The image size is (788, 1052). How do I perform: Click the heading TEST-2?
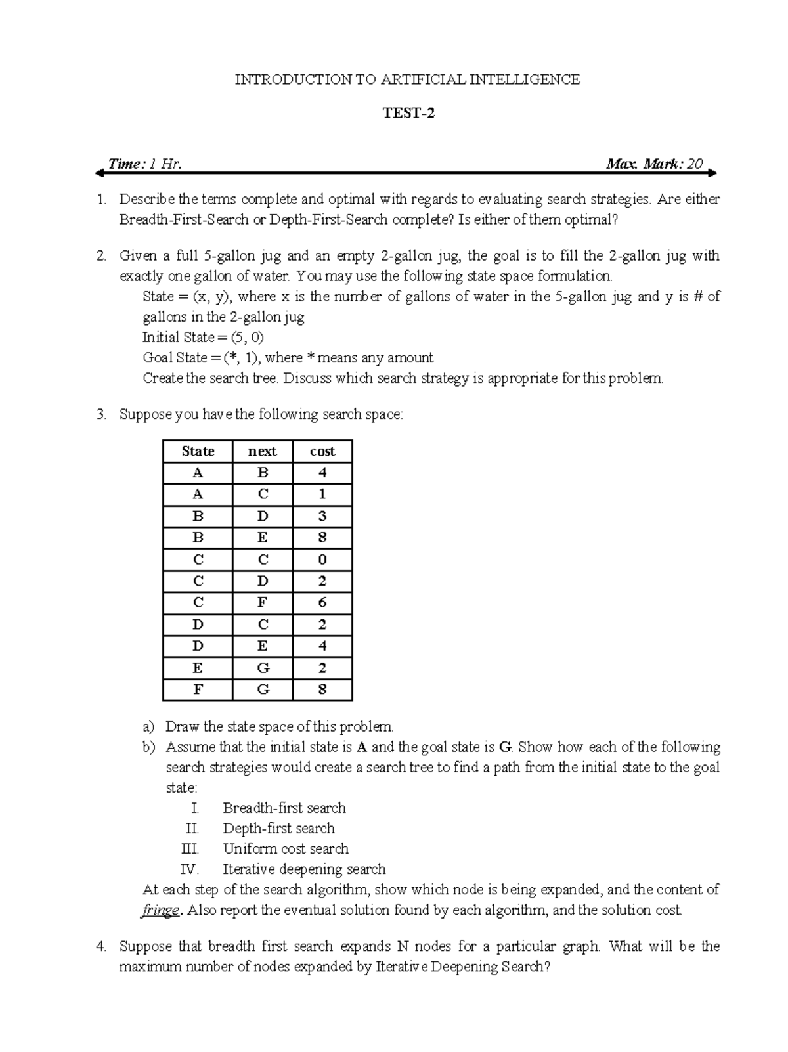pyautogui.click(x=408, y=114)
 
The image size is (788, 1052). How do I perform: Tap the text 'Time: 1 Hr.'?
pyautogui.click(x=144, y=164)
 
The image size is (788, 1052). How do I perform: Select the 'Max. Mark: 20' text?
pyautogui.click(x=654, y=164)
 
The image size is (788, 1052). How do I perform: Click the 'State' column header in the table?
pyautogui.click(x=198, y=452)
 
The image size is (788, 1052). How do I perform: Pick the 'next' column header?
pyautogui.click(x=262, y=452)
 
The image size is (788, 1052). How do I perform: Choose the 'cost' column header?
pyautogui.click(x=322, y=452)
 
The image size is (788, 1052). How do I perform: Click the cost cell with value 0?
pyautogui.click(x=322, y=560)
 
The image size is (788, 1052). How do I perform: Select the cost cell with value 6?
pyautogui.click(x=322, y=603)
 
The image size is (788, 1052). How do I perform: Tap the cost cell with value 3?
pyautogui.click(x=322, y=516)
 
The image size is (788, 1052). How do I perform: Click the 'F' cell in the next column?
pyautogui.click(x=262, y=603)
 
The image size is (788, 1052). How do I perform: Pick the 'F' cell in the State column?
pyautogui.click(x=198, y=690)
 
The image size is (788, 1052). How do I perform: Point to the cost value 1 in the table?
pyautogui.click(x=322, y=494)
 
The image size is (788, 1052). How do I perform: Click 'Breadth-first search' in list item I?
pyautogui.click(x=284, y=808)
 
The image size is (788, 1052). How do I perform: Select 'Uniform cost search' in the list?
pyautogui.click(x=285, y=849)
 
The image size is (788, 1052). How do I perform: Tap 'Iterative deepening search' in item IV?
pyautogui.click(x=303, y=869)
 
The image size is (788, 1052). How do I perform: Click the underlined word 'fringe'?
pyautogui.click(x=160, y=911)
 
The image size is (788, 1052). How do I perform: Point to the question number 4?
pyautogui.click(x=100, y=947)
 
